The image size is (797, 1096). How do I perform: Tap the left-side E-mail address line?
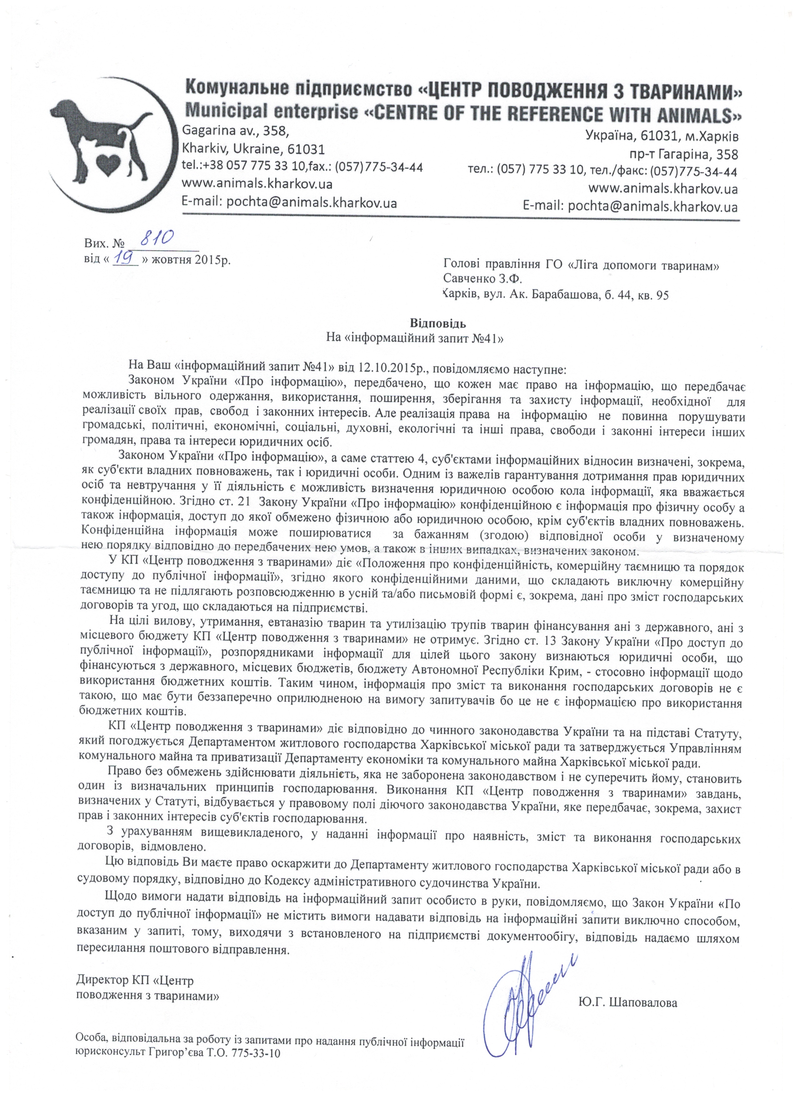point(289,202)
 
